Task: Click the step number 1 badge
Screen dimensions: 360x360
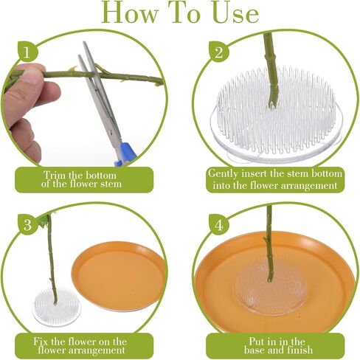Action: pos(27,52)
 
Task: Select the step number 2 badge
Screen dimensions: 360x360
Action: pos(218,52)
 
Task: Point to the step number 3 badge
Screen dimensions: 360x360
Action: pos(27,224)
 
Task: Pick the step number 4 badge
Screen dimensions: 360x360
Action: pos(218,224)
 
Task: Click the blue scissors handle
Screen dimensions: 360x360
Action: pos(126,154)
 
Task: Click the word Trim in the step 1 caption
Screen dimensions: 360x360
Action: pos(55,176)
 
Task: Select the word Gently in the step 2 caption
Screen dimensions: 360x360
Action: pos(223,174)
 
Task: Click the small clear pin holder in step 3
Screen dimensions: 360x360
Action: pos(57,307)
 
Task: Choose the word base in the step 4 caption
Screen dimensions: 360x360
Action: pos(255,350)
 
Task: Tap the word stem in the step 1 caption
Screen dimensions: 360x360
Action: pos(111,184)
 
